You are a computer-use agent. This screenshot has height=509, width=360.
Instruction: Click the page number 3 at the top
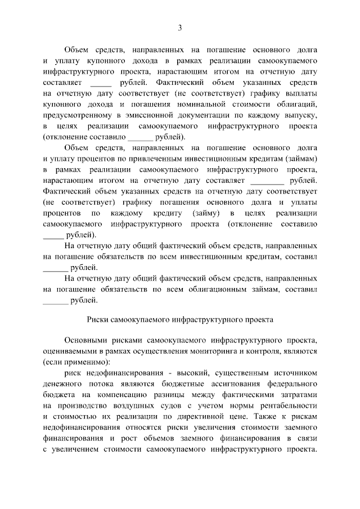(179, 28)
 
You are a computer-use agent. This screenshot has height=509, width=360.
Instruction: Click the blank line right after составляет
(101, 83)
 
